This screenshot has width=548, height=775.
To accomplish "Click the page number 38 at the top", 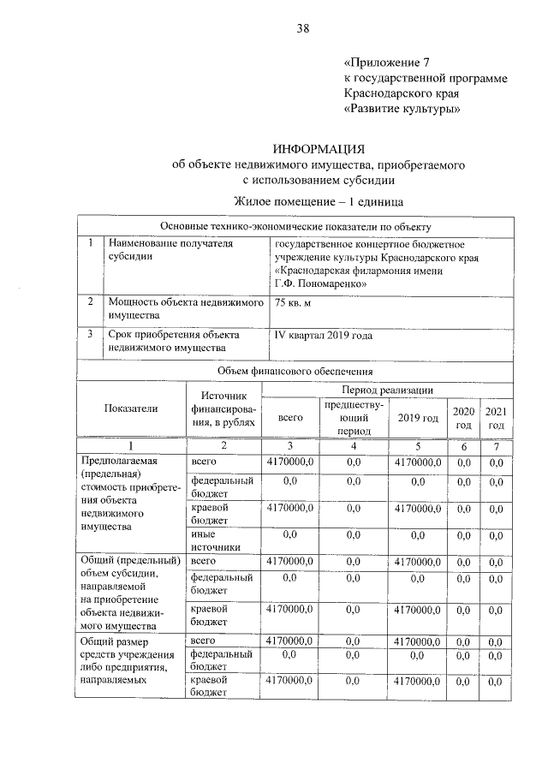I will coord(302,27).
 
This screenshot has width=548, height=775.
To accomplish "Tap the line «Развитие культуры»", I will coord(402,109).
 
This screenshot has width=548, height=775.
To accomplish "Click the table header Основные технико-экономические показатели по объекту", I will coord(295,226).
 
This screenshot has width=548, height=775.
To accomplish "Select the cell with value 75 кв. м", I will coord(294,303).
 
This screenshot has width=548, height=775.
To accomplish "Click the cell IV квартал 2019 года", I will coord(324,336).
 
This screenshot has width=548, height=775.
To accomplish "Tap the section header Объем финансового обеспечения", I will coord(295,371).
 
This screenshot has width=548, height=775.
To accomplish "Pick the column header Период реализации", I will coord(387,390).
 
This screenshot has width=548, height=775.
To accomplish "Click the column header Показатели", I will coord(131,408).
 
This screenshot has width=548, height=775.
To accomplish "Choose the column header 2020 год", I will coord(463,418).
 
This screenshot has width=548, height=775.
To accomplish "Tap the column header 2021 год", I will coord(496,418).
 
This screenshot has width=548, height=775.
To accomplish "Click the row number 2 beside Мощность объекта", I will coord(90,302).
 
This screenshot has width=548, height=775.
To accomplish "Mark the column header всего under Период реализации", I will coord(291,417).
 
